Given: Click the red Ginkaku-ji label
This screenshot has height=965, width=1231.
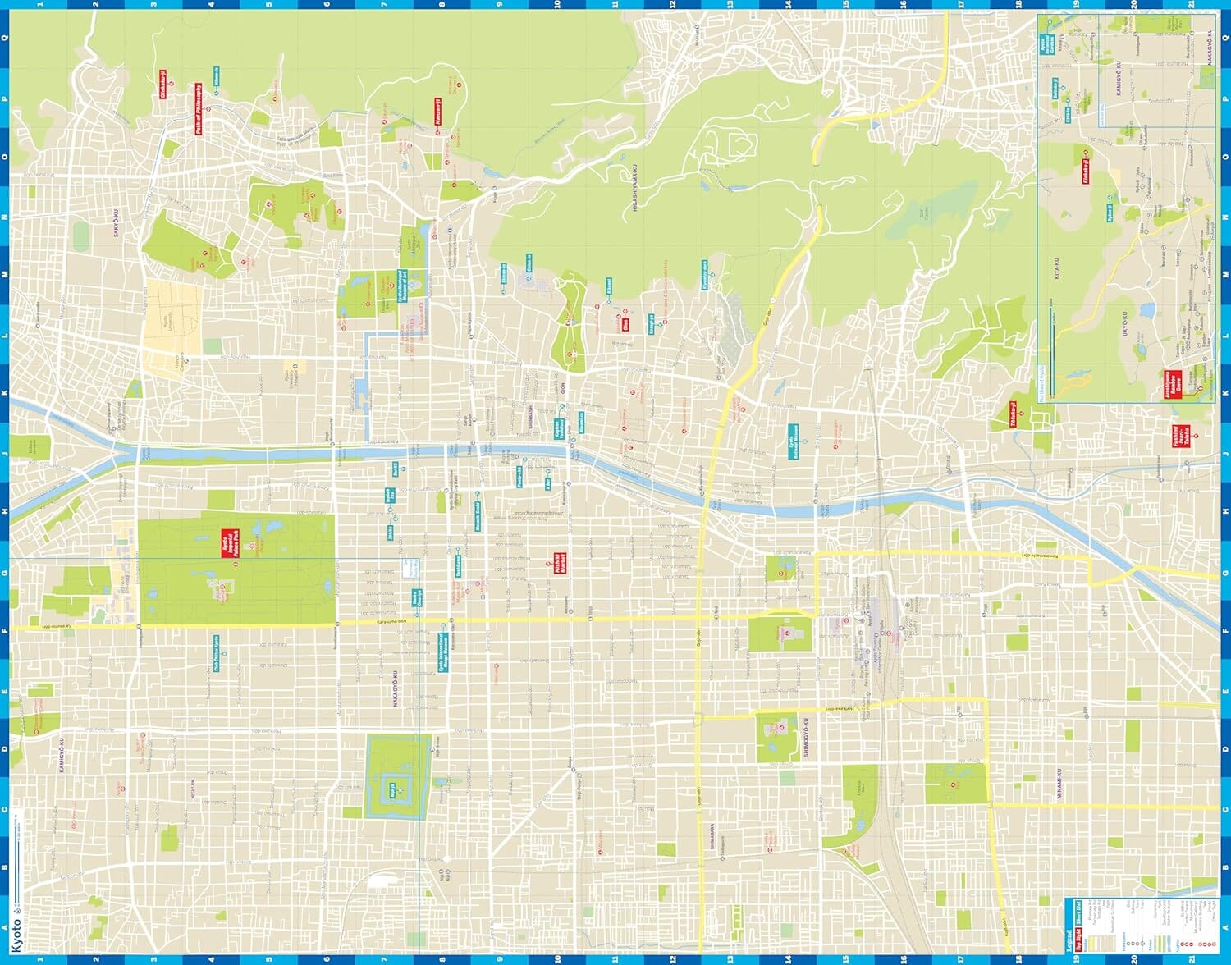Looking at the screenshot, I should click(162, 84).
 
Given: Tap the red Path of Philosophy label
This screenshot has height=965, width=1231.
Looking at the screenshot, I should click(198, 108).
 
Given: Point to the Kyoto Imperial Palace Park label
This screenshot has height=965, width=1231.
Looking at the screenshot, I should click(228, 544).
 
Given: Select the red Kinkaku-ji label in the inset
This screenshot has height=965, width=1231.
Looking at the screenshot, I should click(1086, 165).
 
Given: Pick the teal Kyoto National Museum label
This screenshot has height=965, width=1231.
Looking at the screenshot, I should click(793, 441).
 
